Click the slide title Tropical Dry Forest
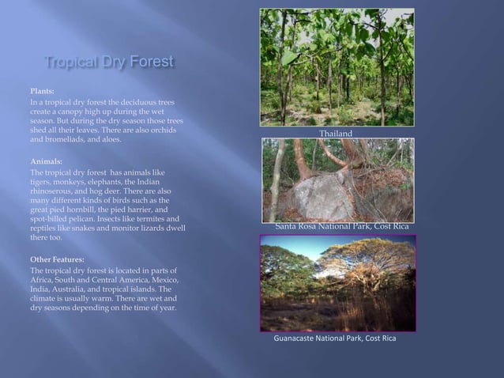tap(109, 62)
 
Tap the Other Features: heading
tap(57, 259)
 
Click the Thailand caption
tap(336, 134)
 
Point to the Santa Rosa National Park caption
tap(341, 227)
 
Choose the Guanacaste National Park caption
tap(335, 338)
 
